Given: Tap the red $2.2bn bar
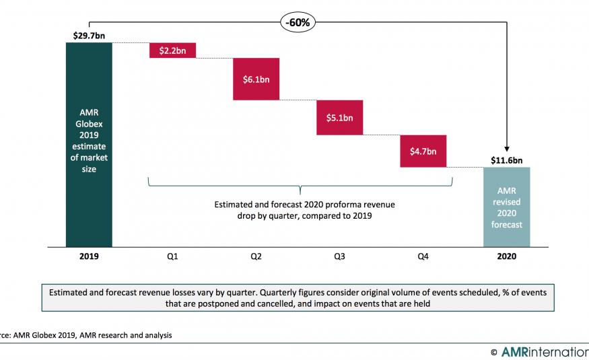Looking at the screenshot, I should pos(172,50).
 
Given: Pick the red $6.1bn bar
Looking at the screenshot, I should pos(256,79).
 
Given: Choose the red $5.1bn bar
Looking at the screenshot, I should pos(339,118).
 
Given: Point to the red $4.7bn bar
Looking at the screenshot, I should pos(423,151).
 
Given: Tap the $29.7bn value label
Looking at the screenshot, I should pos(89,34).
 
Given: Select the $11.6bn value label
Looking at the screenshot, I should pos(506,160).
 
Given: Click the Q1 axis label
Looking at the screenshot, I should pos(172,256).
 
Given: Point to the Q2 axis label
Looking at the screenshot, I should pos(256,256).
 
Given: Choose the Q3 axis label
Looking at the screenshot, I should pos(339,256).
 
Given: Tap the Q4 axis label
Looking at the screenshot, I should pos(423,256).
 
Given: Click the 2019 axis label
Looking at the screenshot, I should pos(89,256).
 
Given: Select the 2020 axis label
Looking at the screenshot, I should pos(506,256).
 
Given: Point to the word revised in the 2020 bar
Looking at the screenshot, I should pos(506,202).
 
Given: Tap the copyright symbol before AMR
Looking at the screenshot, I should pos(494,351).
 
